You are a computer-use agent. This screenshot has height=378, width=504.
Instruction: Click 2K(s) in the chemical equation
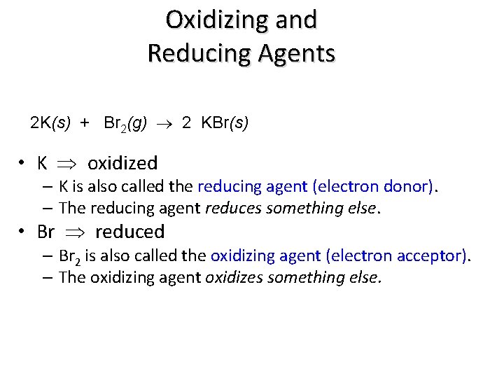(50, 123)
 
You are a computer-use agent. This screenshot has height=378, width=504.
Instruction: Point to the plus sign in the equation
(85, 123)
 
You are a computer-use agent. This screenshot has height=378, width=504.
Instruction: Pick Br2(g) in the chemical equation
(125, 124)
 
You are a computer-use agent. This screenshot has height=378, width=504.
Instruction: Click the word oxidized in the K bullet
(122, 163)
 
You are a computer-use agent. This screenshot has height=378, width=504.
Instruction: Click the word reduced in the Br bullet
(129, 231)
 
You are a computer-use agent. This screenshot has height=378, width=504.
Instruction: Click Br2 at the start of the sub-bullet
(70, 257)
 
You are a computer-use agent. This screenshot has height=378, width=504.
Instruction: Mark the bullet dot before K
(23, 164)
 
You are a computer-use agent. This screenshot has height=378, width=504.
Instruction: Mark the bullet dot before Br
(23, 232)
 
